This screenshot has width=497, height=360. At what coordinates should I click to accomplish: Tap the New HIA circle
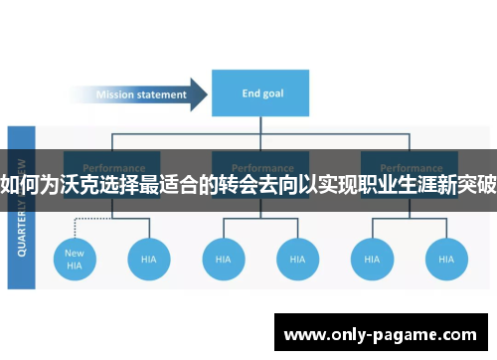75,259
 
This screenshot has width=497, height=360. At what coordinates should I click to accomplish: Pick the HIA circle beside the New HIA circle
148,259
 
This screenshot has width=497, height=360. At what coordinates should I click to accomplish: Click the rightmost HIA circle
445,259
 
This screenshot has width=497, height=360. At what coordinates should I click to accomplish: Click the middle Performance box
261,163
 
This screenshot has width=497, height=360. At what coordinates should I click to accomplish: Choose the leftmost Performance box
113,163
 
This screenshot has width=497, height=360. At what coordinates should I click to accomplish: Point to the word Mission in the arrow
117,95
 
